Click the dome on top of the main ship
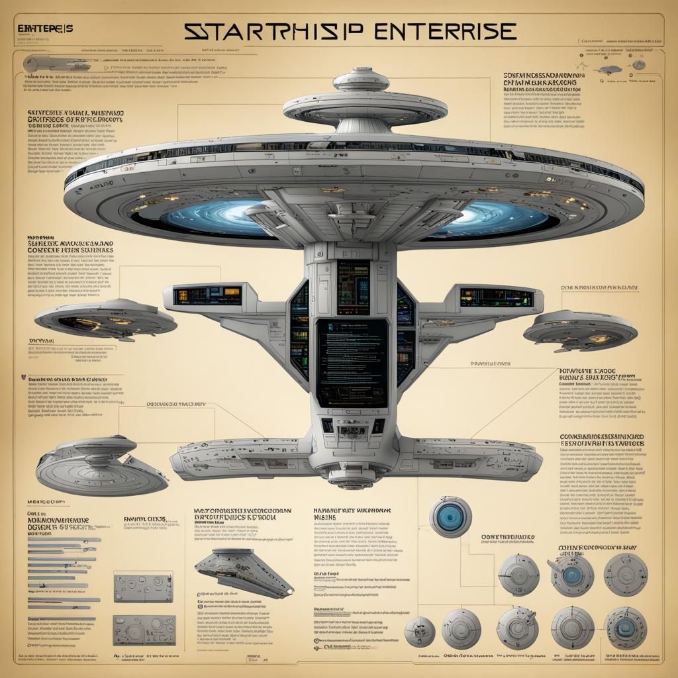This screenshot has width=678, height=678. pos(360,80)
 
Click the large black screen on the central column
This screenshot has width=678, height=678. pos(352,362)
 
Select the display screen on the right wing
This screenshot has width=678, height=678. pos(497,297)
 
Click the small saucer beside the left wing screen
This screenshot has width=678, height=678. pos(105,319)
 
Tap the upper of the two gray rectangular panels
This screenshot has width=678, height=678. pos(143,588)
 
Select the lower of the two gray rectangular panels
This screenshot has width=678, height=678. pos(143,630)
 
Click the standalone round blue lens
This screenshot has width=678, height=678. pos(450,517)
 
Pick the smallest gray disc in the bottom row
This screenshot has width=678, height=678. pos(418,630)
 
